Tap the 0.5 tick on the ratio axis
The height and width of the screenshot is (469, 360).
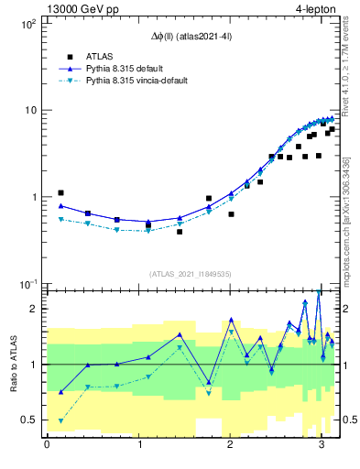pyautogui.click(x=27, y=420)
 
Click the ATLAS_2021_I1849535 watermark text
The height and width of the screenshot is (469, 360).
pyautogui.click(x=190, y=274)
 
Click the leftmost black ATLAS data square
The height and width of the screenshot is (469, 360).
pyautogui.click(x=60, y=193)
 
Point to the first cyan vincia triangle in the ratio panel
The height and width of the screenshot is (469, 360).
pyautogui.click(x=60, y=421)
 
